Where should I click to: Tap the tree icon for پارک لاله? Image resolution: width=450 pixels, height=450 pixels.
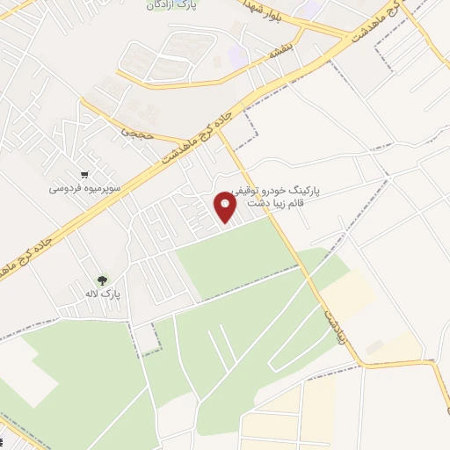pos(103,281)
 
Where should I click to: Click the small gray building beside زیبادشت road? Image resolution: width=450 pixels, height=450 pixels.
pos(374,348)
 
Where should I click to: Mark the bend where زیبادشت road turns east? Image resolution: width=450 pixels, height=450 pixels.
pos(359,361)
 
